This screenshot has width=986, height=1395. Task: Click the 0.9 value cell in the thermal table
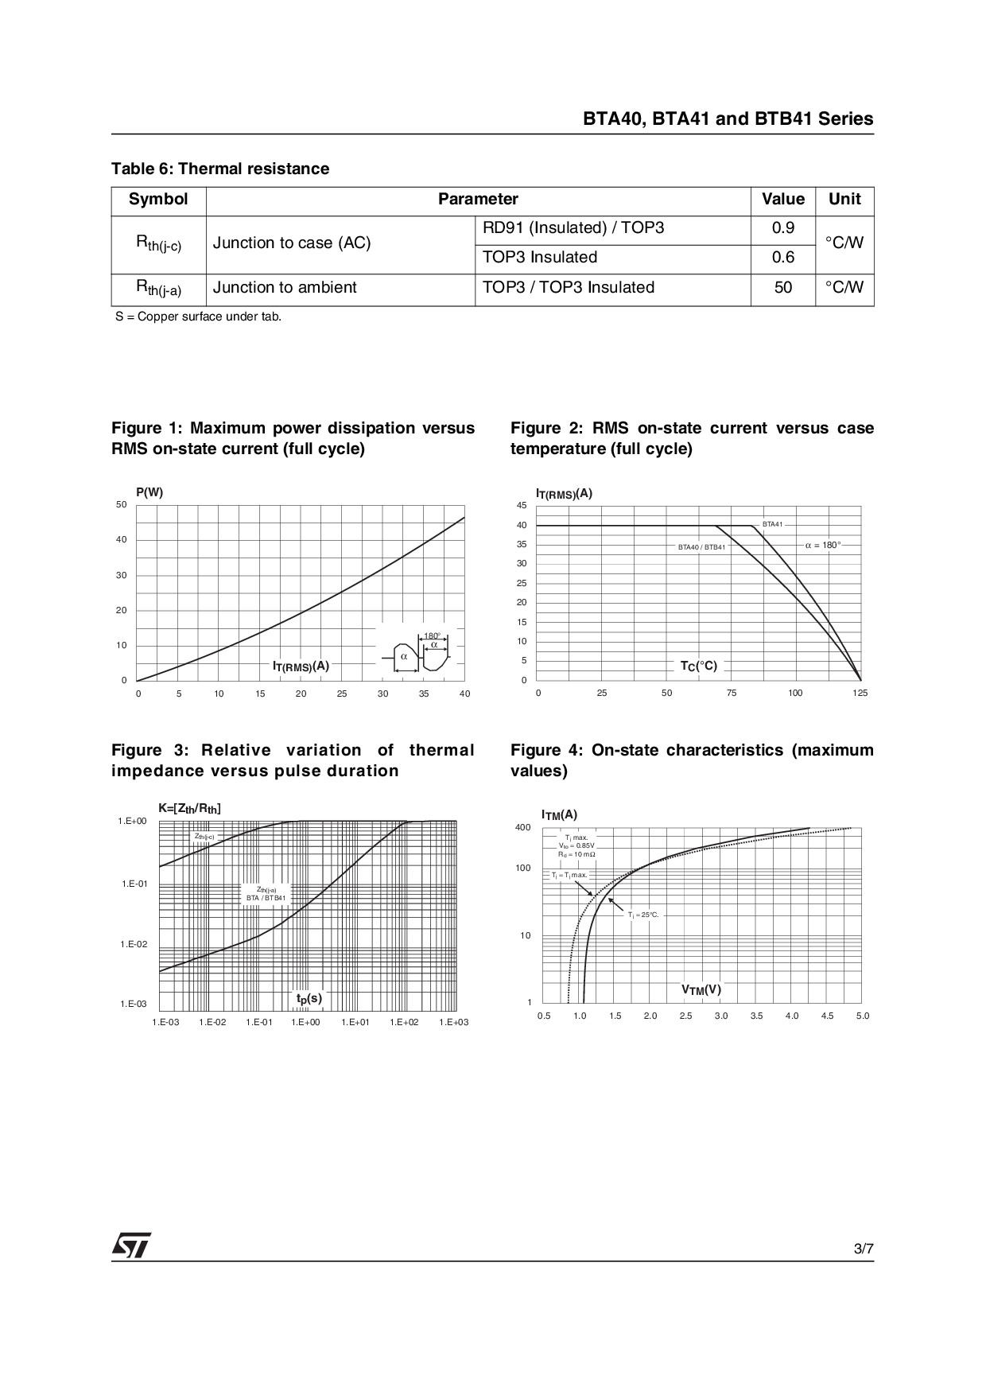pos(782,228)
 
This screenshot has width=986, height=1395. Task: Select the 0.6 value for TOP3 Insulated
pos(782,258)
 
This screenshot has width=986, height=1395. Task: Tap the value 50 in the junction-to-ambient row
pos(782,288)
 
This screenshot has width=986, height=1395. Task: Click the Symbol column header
pos(158,200)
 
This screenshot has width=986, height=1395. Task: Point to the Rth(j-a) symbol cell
pos(158,288)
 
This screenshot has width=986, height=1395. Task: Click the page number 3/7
pos(864,1249)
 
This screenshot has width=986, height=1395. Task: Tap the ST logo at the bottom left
pos(131,1246)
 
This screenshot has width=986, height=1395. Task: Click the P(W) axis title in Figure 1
pos(149,492)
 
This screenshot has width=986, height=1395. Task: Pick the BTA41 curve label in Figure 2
pos(772,524)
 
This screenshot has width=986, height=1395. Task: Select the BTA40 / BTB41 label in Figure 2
pos(701,547)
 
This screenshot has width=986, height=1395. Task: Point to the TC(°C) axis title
pos(698,666)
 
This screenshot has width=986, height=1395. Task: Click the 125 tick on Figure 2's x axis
pos(860,694)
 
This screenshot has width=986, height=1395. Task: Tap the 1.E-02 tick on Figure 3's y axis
pos(134,944)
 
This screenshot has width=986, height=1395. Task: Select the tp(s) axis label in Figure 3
pos(309,998)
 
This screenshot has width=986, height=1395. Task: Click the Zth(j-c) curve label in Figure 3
pos(204,837)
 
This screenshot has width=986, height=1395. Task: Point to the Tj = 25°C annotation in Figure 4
pos(643,915)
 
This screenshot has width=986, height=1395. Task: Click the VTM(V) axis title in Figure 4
pos(701,990)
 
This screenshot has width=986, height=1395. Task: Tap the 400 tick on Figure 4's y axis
pos(522,828)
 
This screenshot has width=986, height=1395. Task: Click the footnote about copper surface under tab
pos(198,317)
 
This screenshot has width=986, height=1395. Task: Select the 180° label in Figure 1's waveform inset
pos(432,635)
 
